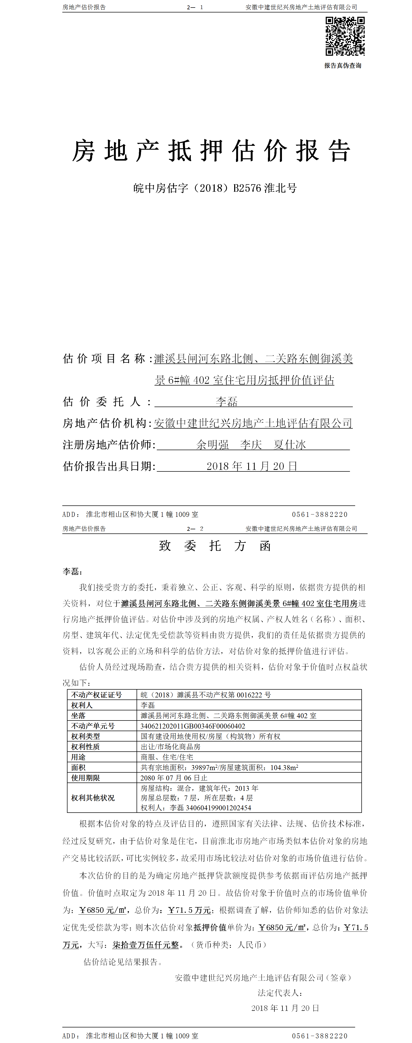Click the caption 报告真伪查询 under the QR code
342,66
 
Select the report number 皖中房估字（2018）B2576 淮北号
215,188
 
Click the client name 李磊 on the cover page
226,402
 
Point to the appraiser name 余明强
212,444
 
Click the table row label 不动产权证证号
96,695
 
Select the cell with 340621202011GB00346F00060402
193,726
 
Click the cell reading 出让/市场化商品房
171,747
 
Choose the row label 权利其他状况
93,798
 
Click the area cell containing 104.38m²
219,767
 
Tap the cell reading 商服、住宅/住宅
167,757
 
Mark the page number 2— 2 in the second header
195,529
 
